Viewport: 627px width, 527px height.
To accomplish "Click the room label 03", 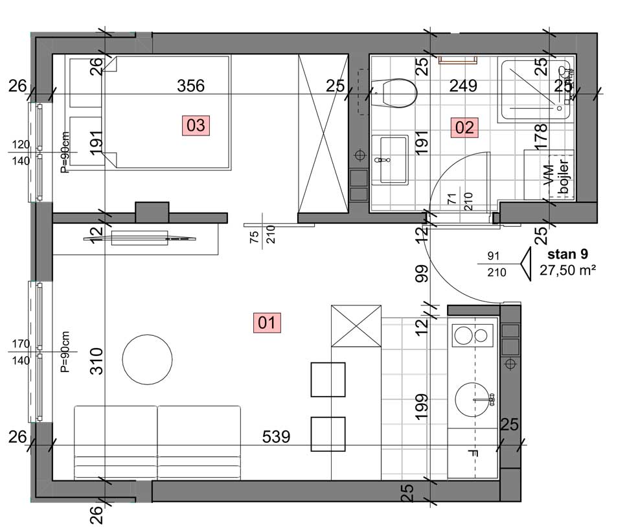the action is pyautogui.click(x=196, y=125).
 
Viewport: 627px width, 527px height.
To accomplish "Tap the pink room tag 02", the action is pyautogui.click(x=464, y=127).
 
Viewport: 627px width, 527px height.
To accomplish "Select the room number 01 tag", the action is pyautogui.click(x=267, y=323).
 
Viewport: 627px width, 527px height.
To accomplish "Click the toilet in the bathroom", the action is pyautogui.click(x=394, y=93).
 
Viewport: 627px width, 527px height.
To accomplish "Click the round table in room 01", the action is pyautogui.click(x=147, y=360).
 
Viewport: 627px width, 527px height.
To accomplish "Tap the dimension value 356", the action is pyautogui.click(x=190, y=86).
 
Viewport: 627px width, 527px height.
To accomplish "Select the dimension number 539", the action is pyautogui.click(x=276, y=436).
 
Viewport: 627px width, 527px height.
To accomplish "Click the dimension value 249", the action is pyautogui.click(x=463, y=86).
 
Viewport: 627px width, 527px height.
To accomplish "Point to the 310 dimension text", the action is pyautogui.click(x=97, y=361).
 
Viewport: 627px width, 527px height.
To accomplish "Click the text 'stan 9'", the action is pyautogui.click(x=567, y=254).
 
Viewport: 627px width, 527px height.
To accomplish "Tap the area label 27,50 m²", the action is pyautogui.click(x=568, y=270).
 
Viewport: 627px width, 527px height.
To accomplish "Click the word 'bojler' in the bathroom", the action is pyautogui.click(x=564, y=176).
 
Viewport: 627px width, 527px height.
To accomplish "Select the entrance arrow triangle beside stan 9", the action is pyautogui.click(x=526, y=264).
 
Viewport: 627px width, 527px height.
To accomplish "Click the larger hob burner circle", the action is pyautogui.click(x=464, y=335).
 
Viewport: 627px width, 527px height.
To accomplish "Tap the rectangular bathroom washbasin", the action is pyautogui.click(x=390, y=160).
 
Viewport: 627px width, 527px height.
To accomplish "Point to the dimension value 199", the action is pyautogui.click(x=422, y=407).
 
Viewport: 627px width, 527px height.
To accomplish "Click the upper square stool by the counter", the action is pyautogui.click(x=328, y=379).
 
